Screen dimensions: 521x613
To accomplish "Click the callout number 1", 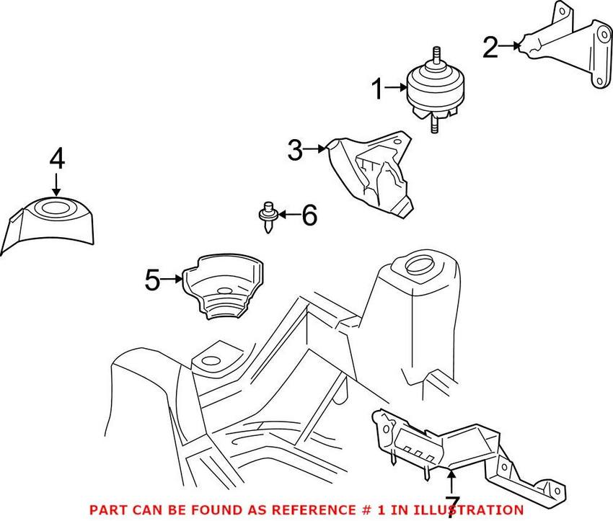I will pos(379,90).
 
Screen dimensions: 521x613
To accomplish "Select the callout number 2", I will pos(490,48).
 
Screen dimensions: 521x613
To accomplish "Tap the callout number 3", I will pos(295,151).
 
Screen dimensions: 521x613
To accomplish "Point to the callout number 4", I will pos(57,159).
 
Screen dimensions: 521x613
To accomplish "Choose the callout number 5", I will pos(152,280).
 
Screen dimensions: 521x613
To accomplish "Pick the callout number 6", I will pos(309,215).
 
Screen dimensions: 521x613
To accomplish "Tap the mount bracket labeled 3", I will pos(375,173).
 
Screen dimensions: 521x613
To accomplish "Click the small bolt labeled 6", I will pos(268,215).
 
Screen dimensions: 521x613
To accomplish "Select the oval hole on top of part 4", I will pos(56,209).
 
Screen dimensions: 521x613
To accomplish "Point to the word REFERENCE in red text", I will pos(286,509).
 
